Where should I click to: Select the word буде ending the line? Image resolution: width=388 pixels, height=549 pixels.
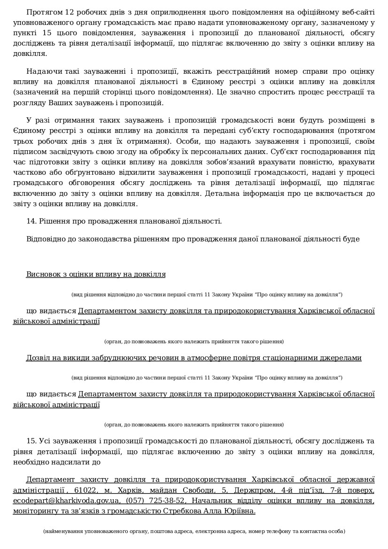pos(352,239)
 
